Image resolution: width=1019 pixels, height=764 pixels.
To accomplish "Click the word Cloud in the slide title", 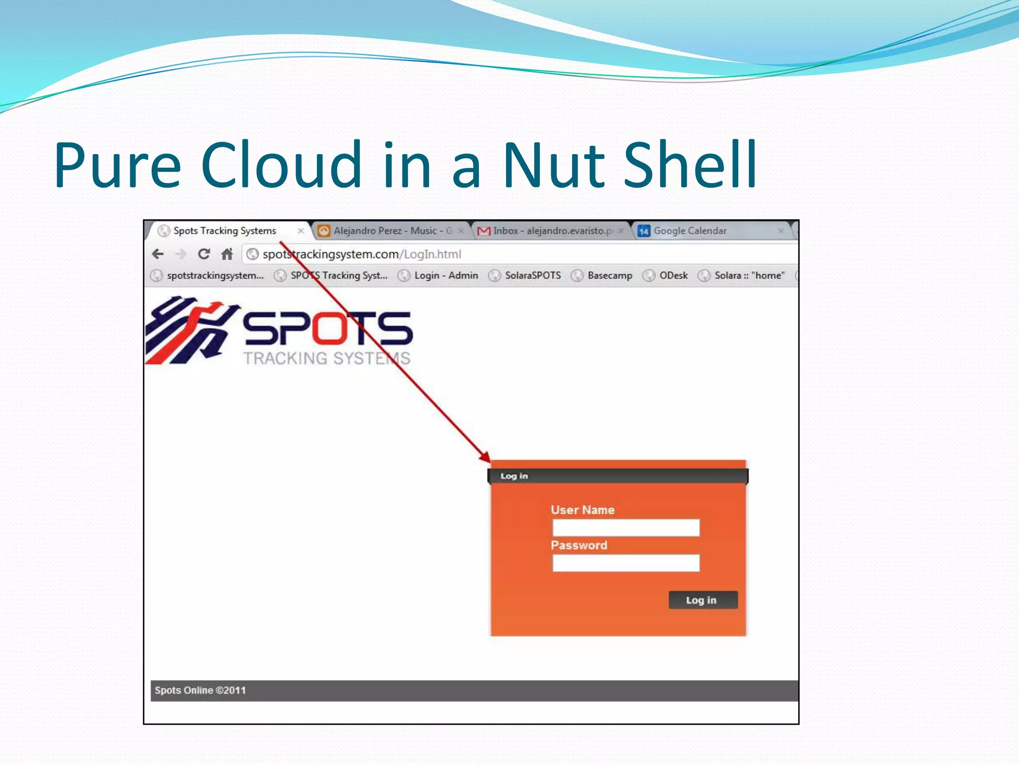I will [281, 165].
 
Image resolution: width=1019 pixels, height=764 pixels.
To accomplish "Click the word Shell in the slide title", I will [690, 165].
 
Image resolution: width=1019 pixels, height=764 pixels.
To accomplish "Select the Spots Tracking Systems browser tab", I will [224, 231].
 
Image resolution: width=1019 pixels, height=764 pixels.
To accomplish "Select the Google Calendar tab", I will [690, 231].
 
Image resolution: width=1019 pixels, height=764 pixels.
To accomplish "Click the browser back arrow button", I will [158, 254].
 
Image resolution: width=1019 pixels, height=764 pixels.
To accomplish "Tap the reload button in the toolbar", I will [204, 254].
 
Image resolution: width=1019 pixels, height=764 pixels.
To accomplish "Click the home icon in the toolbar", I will [227, 254].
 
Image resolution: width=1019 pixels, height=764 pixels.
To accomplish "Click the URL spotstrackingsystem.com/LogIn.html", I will [362, 254].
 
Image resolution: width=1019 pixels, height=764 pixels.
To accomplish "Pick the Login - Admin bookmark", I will [445, 276].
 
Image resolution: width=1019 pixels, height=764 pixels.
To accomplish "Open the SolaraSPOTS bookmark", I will [532, 276].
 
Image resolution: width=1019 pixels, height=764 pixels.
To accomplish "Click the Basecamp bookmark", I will [609, 276].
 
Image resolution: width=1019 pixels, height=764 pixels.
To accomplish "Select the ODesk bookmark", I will [673, 276].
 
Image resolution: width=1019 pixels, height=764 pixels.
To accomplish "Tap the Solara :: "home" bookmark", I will [749, 276].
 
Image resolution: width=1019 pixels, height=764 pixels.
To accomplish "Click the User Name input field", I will [625, 528].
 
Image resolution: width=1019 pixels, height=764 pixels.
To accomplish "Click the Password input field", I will [625, 563].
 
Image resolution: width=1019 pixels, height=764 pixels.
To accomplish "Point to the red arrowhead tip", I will [490, 462].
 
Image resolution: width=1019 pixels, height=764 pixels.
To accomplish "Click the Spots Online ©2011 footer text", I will [200, 690].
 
